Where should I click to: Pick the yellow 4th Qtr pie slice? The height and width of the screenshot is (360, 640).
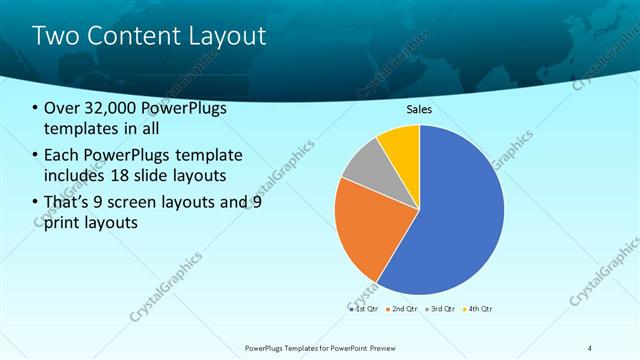point(401,143)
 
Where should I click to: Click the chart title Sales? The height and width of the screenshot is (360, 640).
point(419,110)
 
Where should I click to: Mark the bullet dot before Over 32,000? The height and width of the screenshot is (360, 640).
point(36,109)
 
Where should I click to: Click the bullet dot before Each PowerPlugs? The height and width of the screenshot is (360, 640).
point(36,155)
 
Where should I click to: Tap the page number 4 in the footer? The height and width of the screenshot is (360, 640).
point(589,347)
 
